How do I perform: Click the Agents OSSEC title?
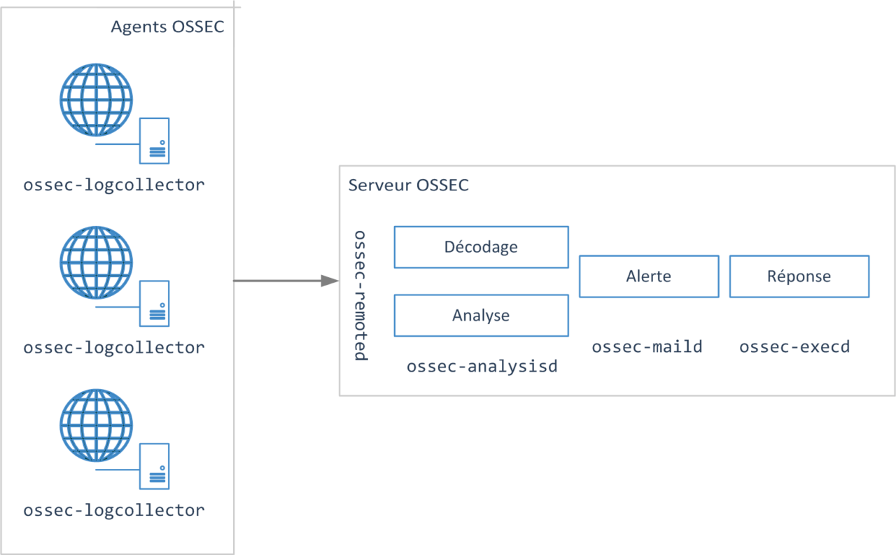[168, 28]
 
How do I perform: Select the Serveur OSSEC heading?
[408, 185]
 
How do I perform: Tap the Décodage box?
[481, 247]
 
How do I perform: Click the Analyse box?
[481, 316]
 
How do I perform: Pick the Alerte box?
[648, 276]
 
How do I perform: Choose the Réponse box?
[799, 276]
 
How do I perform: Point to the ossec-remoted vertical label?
[360, 295]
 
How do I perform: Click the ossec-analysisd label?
[482, 366]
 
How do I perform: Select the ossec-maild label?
[647, 346]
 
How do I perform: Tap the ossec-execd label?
[794, 346]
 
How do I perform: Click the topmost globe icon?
[96, 100]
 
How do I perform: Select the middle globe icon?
[96, 262]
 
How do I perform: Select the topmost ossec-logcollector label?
[114, 185]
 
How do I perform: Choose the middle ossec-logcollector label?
[114, 348]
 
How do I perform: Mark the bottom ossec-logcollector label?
[114, 510]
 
